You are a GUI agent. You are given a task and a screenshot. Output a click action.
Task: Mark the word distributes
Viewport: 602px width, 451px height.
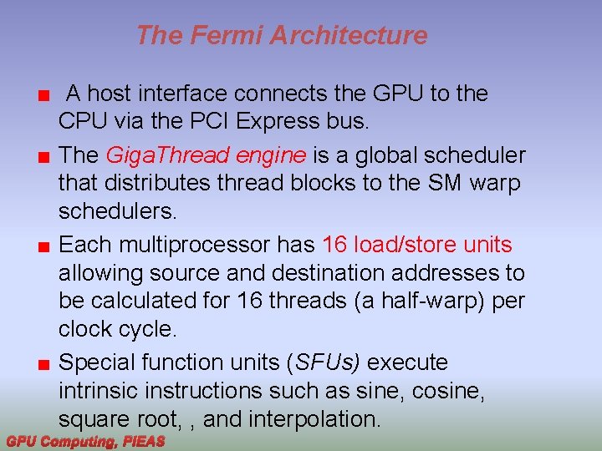click(158, 183)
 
